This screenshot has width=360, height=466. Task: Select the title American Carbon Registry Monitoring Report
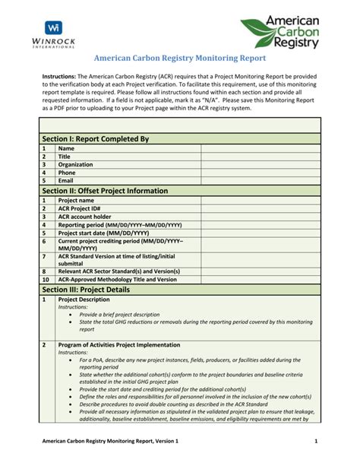(x=179, y=58)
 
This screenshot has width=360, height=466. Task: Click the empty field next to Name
(x=261, y=148)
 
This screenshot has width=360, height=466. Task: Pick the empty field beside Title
(x=261, y=156)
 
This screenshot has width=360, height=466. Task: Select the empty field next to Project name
(x=261, y=200)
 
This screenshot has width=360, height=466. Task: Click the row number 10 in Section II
(x=44, y=279)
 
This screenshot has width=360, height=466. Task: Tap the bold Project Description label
(x=84, y=300)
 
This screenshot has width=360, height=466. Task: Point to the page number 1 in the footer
(x=314, y=442)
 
